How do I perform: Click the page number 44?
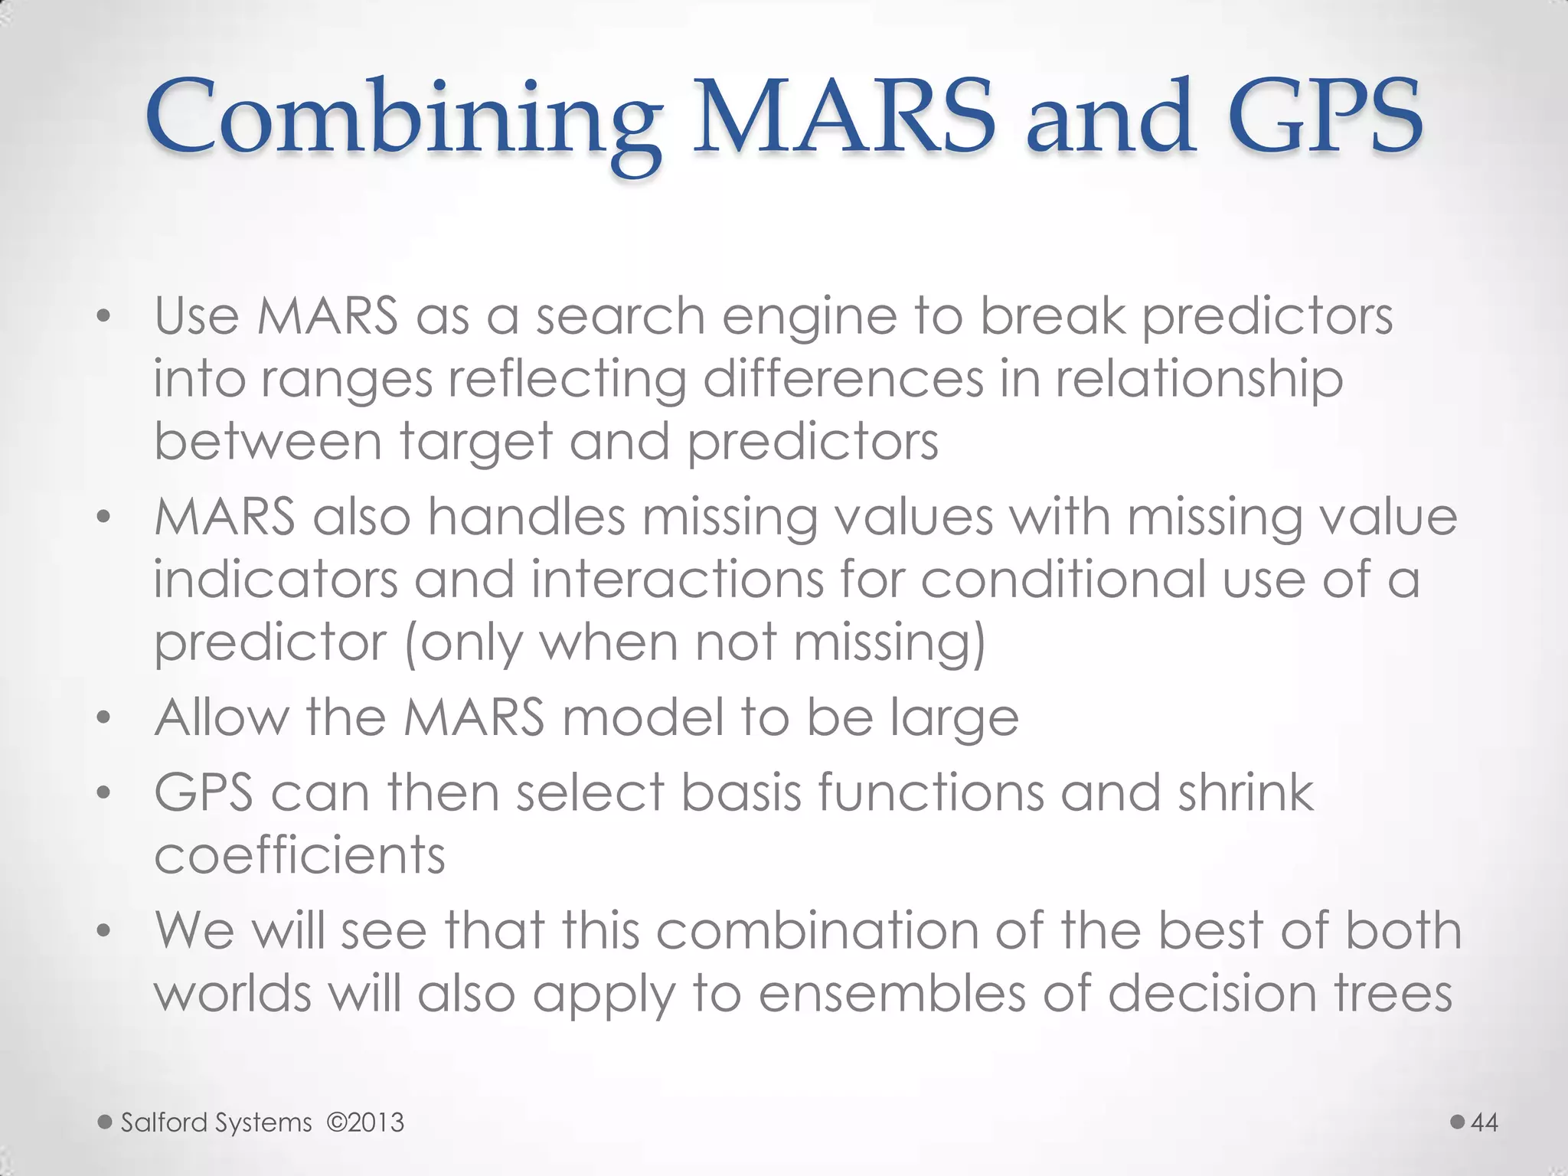[x=1485, y=1122]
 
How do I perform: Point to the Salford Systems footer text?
[x=217, y=1122]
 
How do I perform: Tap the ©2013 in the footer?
[x=365, y=1122]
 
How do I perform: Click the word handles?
[x=526, y=517]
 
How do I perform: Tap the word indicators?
[x=276, y=580]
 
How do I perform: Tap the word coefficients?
[x=299, y=855]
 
